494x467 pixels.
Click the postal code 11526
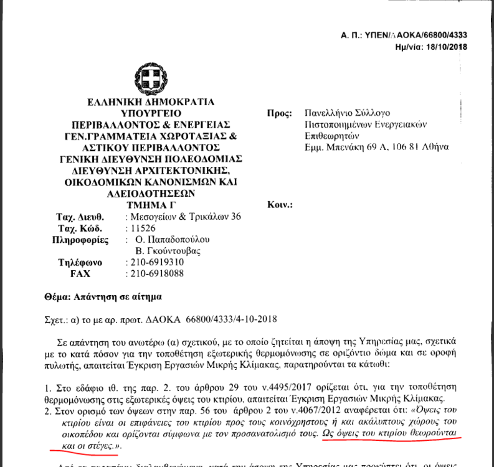[x=143, y=228]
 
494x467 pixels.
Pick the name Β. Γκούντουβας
[x=168, y=251]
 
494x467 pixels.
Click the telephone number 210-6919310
[x=154, y=262]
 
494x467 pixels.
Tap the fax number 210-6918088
[x=154, y=273]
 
